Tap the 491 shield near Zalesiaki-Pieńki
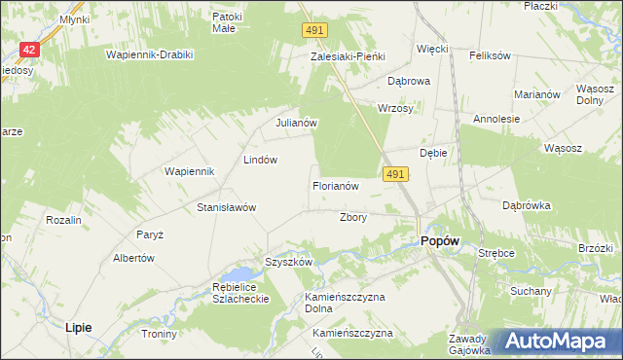click(313, 31)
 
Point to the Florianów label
click(336, 185)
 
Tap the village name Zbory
click(352, 217)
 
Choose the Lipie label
click(78, 328)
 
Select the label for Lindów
click(261, 159)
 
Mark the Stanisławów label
click(226, 207)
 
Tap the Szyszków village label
click(288, 262)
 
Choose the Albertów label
click(134, 258)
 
